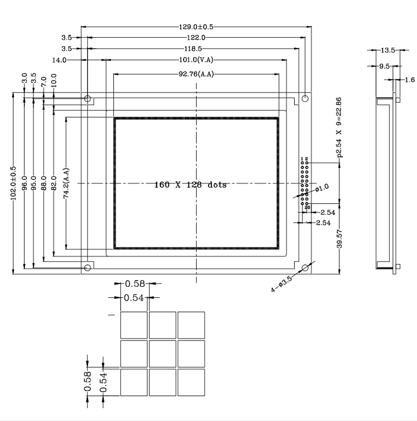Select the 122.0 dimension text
[196, 38]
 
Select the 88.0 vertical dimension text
[44, 183]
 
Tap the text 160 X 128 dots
[190, 185]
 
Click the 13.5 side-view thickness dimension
[387, 50]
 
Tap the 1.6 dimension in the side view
[410, 79]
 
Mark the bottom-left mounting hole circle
[88, 268]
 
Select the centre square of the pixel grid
[163, 353]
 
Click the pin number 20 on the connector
[308, 207]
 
